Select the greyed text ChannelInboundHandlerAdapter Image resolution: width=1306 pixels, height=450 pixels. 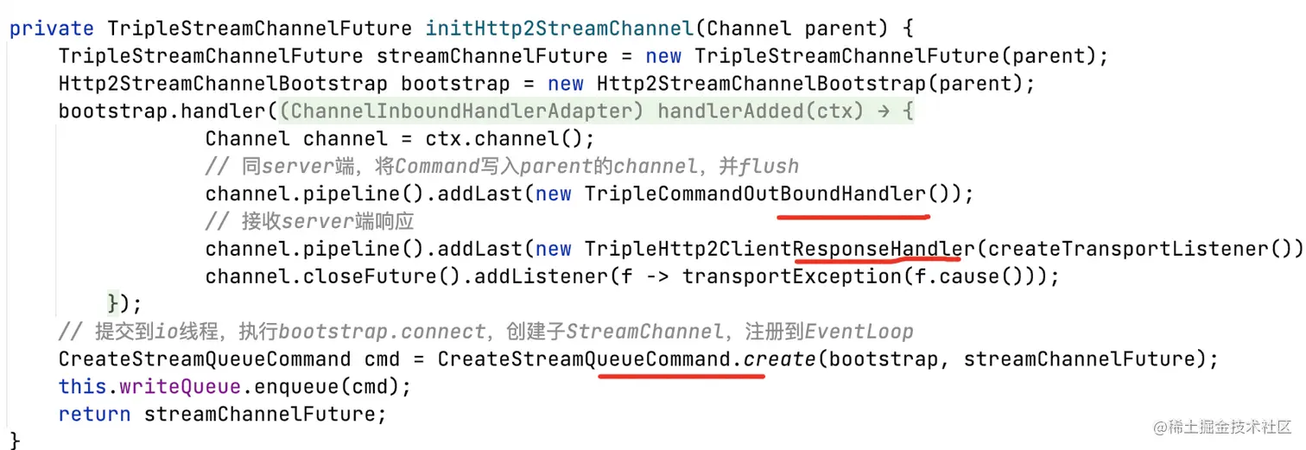click(x=464, y=111)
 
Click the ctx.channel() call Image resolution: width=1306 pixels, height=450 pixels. click(x=504, y=139)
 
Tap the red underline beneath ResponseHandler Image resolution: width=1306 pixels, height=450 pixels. click(x=877, y=258)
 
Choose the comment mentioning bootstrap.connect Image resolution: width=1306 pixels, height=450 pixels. click(x=485, y=332)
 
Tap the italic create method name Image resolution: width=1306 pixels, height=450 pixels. click(x=778, y=358)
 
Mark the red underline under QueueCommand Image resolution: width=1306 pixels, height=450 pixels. click(x=681, y=377)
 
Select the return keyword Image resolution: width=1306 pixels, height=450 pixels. click(x=94, y=414)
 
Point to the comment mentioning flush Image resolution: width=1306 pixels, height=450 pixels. click(x=501, y=167)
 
